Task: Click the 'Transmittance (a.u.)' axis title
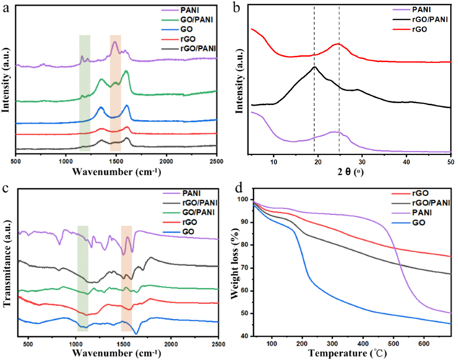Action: coord(6,266)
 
